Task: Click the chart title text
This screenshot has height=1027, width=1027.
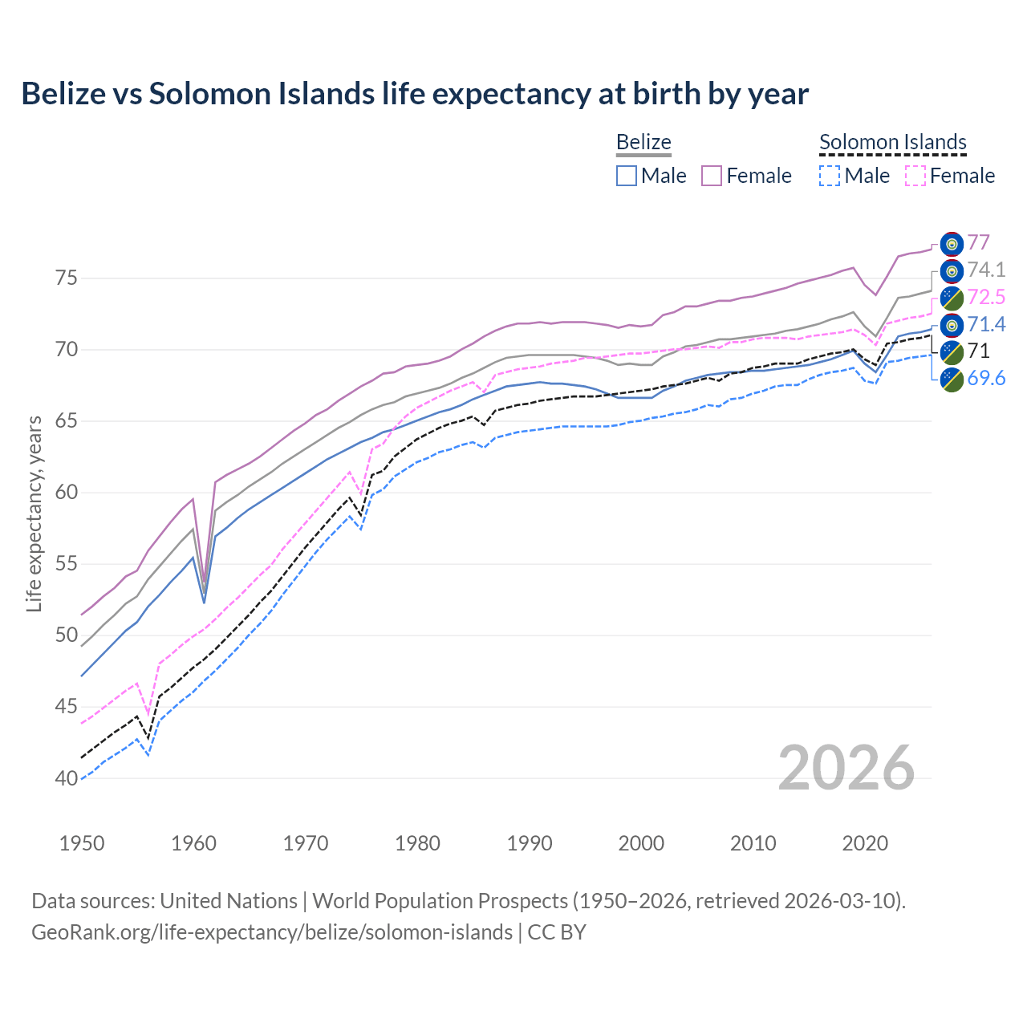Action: tap(415, 94)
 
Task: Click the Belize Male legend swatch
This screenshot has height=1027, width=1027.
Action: tap(627, 176)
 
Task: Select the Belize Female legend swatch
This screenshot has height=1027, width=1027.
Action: tap(712, 176)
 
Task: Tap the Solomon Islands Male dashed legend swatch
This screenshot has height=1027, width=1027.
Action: tap(830, 176)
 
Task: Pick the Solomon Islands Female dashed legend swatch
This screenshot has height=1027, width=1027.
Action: tap(915, 176)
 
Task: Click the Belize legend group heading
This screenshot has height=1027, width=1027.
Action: tap(643, 142)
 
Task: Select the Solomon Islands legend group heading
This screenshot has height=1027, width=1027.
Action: tap(893, 142)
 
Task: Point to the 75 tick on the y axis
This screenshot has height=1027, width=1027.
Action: tap(67, 278)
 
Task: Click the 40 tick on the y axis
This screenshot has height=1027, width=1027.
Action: tap(67, 778)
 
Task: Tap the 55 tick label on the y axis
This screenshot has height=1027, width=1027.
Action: tap(67, 564)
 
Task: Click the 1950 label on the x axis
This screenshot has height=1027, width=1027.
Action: tap(82, 843)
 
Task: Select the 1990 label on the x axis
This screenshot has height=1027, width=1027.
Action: tap(530, 843)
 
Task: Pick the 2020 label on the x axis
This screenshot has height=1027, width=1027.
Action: tap(865, 843)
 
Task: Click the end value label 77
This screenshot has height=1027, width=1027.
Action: tap(978, 242)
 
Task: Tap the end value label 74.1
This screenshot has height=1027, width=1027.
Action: tap(986, 270)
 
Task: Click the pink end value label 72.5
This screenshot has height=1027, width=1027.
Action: tap(986, 297)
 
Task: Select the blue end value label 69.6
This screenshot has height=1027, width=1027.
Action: tap(986, 378)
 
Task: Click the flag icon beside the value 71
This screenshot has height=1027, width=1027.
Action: tap(952, 351)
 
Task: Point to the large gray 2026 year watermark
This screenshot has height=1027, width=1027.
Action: tap(846, 768)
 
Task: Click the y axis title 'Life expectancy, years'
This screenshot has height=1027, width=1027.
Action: tap(34, 513)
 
